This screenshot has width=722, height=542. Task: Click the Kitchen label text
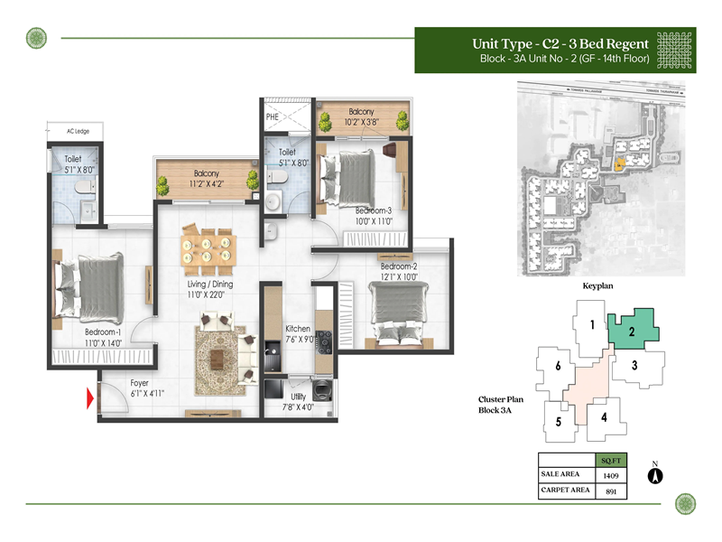298,329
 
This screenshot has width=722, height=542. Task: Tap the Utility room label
298,397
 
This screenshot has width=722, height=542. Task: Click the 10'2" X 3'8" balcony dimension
362,123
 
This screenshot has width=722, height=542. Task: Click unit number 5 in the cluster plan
559,422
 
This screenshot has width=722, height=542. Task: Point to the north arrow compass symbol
657,475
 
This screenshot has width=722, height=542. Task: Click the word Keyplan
597,285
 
